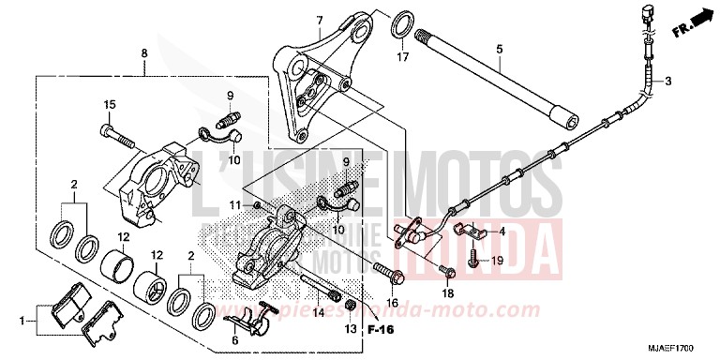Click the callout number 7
[x=320, y=21]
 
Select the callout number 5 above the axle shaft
[x=499, y=49]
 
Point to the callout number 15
[x=108, y=104]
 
